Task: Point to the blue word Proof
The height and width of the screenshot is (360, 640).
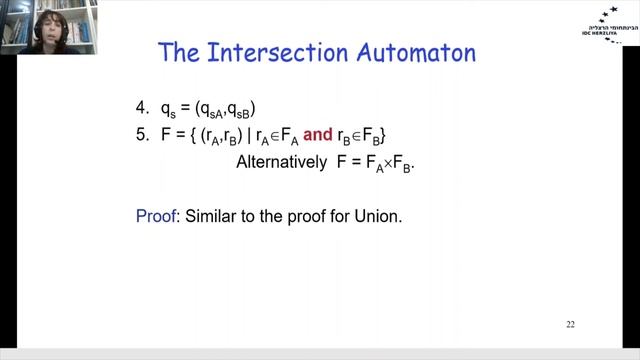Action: [155, 215]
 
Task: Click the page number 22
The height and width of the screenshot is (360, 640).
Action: [570, 324]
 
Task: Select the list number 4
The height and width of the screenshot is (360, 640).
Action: [141, 106]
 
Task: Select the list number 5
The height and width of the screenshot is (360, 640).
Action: [141, 133]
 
